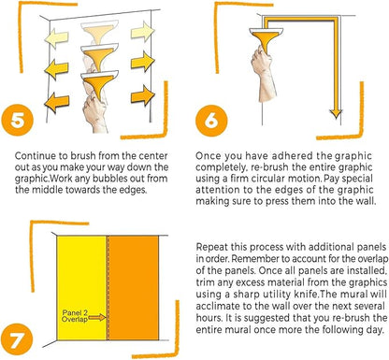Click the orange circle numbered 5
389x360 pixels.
[17, 120]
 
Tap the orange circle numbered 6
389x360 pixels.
[211, 121]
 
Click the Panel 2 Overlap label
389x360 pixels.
[75, 316]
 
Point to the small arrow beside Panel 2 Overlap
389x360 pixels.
[97, 318]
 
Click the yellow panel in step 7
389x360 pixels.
[82, 288]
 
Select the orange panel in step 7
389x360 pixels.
[134, 288]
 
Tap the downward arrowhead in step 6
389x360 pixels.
[336, 114]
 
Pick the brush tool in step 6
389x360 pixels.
[266, 38]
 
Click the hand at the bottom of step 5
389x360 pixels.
[94, 114]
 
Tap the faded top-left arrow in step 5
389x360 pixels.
[56, 38]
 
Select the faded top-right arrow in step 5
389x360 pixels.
[143, 31]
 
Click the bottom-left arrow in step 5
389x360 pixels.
[56, 102]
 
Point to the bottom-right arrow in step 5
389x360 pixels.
[143, 95]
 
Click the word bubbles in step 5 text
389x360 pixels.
[118, 179]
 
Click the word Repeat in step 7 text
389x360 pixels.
[212, 248]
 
